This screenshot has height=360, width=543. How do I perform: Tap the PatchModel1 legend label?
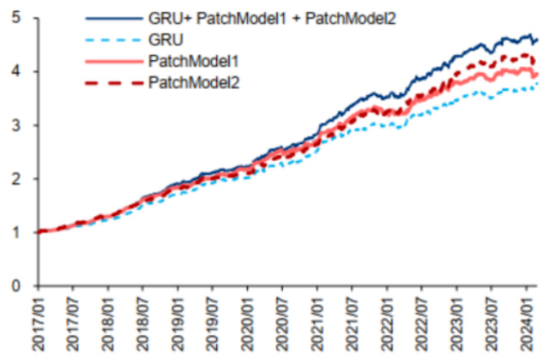(x=192, y=61)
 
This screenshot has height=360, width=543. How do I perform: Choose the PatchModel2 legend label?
(x=193, y=82)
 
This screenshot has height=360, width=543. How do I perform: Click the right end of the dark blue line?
(x=537, y=39)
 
